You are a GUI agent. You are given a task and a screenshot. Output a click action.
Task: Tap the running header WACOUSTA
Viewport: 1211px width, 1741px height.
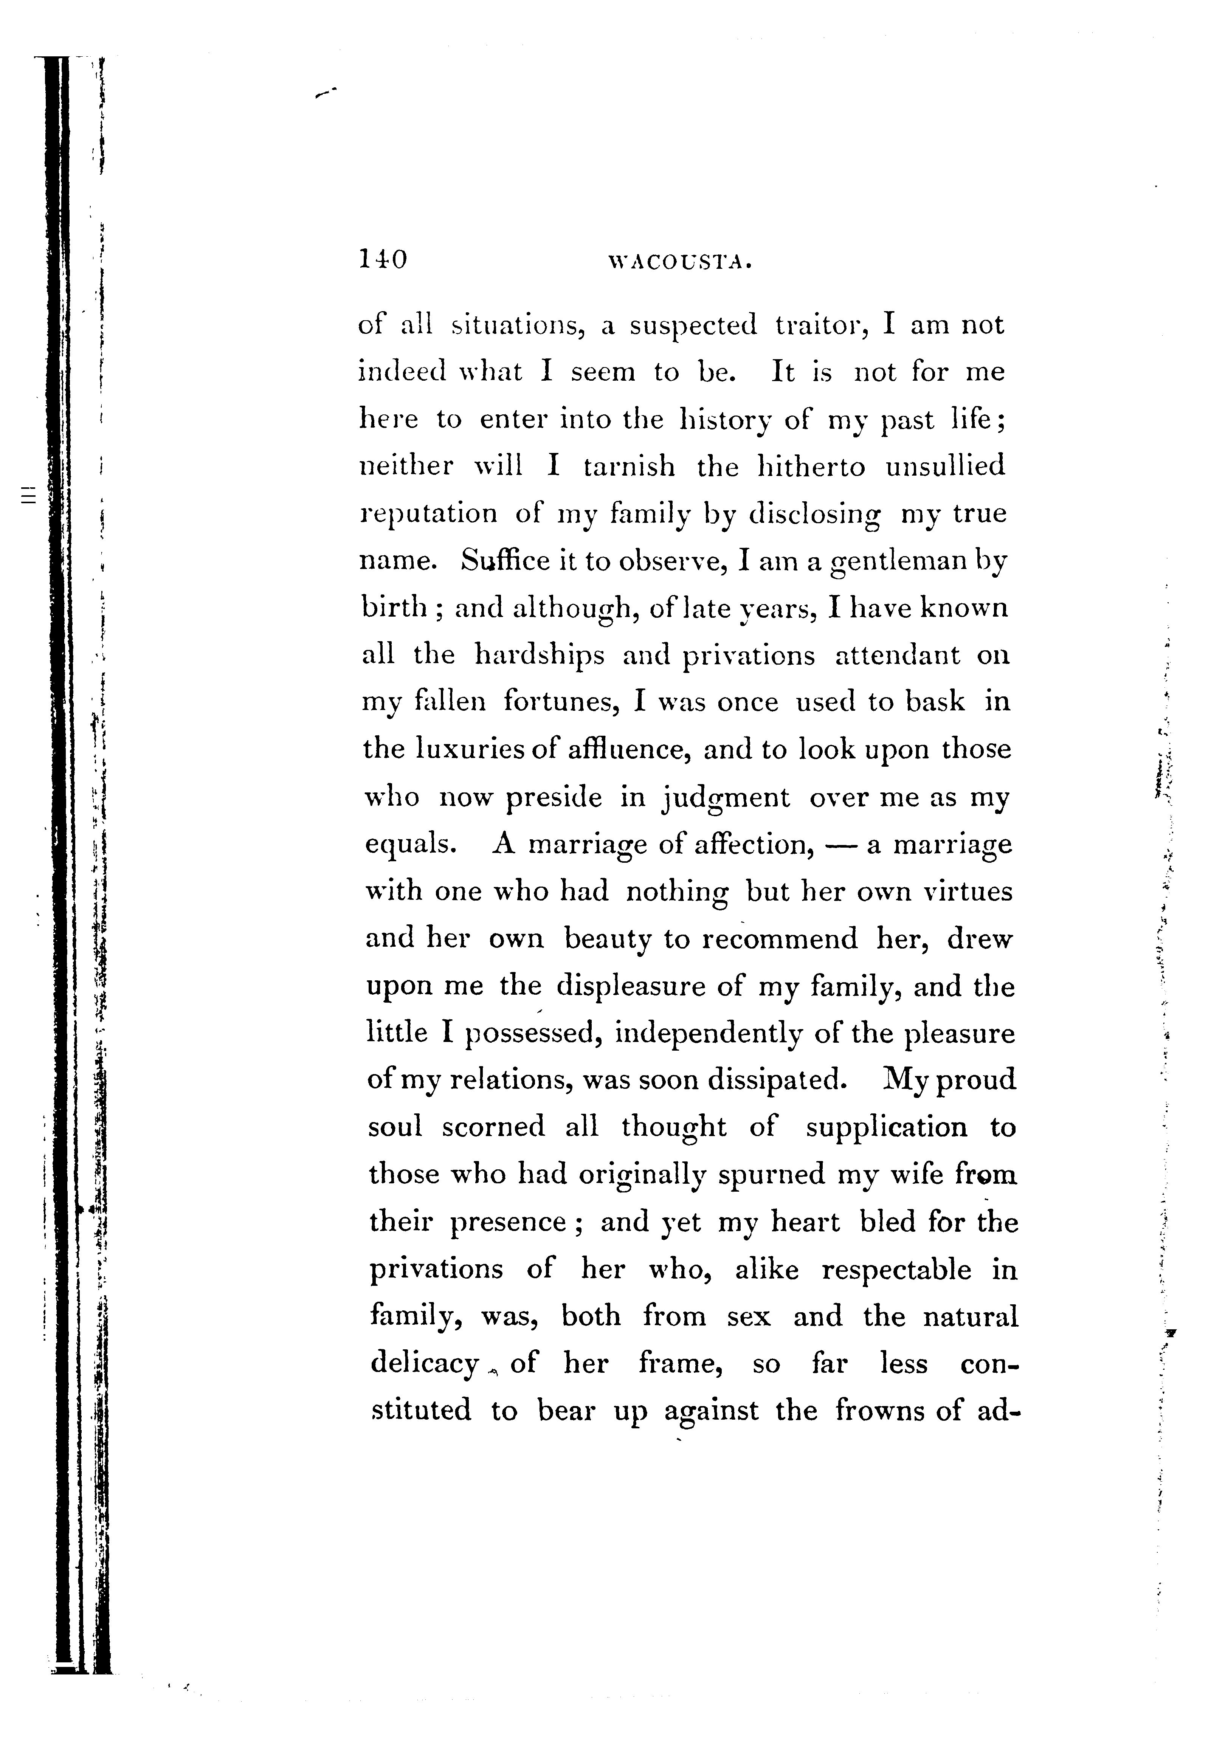click(680, 263)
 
